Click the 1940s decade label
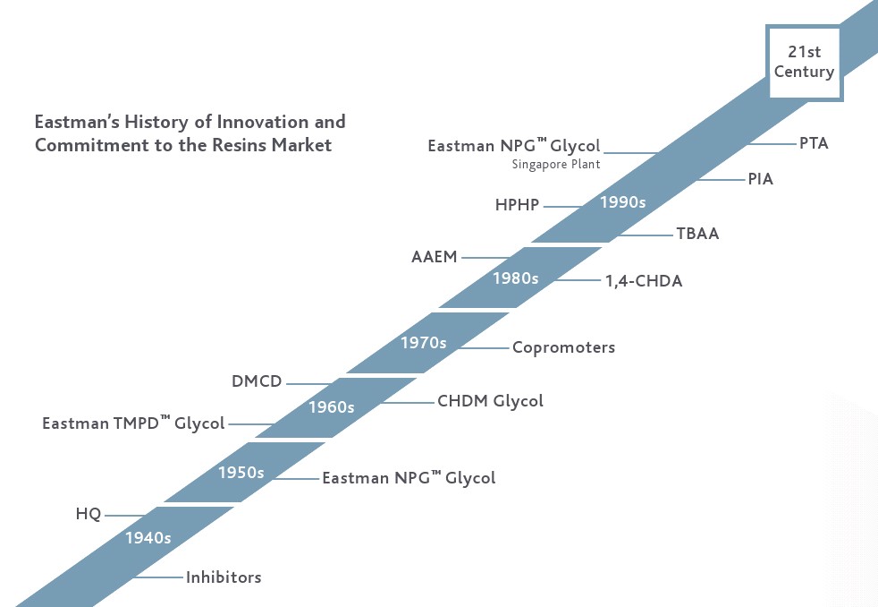click(x=148, y=538)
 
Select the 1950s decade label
click(x=241, y=473)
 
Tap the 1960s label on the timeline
click(x=332, y=407)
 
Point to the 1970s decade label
click(x=423, y=343)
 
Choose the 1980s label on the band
click(x=516, y=278)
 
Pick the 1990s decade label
click(x=622, y=202)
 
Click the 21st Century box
click(x=804, y=62)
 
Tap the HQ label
click(x=89, y=514)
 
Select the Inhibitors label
click(x=224, y=577)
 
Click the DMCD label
click(x=257, y=381)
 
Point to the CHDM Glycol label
click(x=490, y=401)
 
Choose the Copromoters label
click(x=563, y=348)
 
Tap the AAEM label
click(x=434, y=257)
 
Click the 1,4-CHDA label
click(x=644, y=281)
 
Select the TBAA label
click(x=697, y=233)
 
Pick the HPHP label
click(x=517, y=205)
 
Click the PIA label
click(x=760, y=179)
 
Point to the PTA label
click(x=814, y=143)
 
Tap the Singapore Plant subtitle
click(x=556, y=165)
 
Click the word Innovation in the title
click(x=263, y=122)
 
